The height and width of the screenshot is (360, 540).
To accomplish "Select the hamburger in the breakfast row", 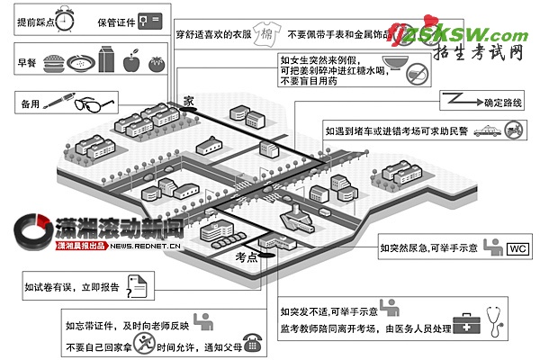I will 53,63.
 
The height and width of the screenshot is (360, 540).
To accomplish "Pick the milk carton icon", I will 106,60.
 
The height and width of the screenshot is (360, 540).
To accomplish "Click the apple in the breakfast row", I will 131,63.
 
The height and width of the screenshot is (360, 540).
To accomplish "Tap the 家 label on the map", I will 187,102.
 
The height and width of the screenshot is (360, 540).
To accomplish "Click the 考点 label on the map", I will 245,257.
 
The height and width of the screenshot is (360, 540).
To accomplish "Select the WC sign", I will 518,247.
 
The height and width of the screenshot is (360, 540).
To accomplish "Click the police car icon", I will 486,130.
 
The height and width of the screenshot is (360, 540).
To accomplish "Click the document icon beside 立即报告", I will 137,288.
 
